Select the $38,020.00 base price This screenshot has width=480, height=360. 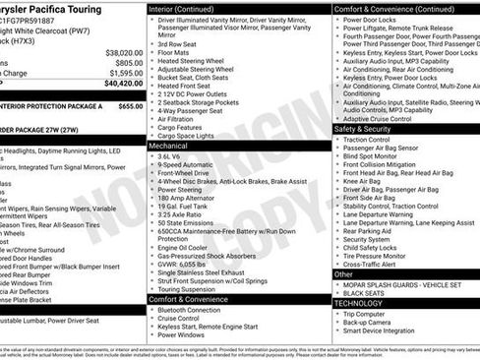tap(124, 52)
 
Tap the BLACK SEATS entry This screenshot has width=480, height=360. tap(365, 293)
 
